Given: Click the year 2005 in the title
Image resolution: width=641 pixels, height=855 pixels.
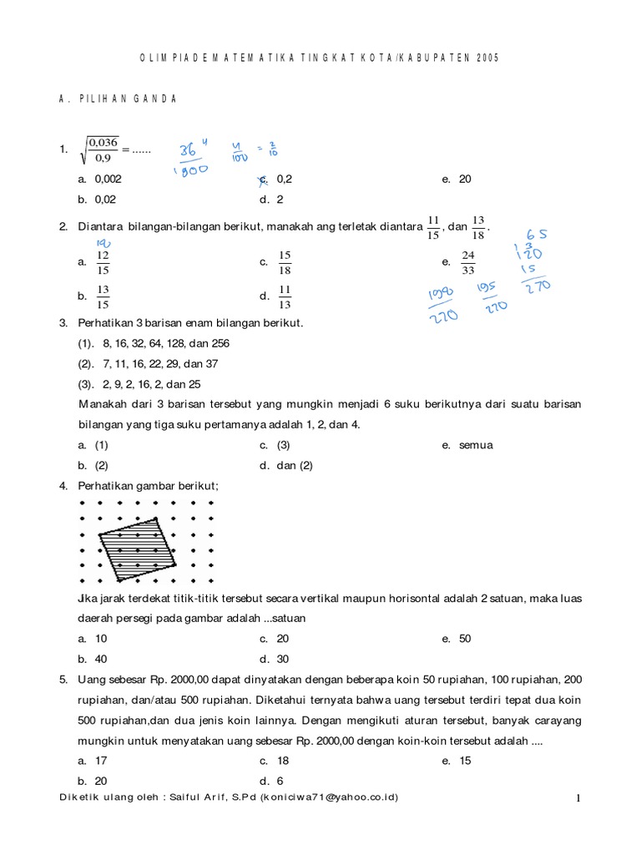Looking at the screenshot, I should tap(490, 58).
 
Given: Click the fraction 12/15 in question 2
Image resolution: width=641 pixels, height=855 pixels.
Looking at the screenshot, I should tap(103, 262).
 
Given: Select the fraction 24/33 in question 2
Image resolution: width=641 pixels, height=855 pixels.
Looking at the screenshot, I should tap(468, 262).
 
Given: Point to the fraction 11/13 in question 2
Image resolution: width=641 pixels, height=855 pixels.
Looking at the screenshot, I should tap(285, 296).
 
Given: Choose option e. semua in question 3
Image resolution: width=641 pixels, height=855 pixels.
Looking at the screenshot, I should tap(475, 445).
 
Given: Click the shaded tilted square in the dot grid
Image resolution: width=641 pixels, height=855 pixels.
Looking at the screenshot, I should tap(136, 546).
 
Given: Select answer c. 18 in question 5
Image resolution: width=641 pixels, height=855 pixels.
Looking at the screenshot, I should tap(282, 761).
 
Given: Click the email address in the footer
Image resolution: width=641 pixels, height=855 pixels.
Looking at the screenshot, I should tap(329, 797).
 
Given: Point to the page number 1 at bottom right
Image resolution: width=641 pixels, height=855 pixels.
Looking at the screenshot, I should tap(577, 799).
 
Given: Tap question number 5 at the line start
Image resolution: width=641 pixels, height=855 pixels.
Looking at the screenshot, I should tap(63, 680).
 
